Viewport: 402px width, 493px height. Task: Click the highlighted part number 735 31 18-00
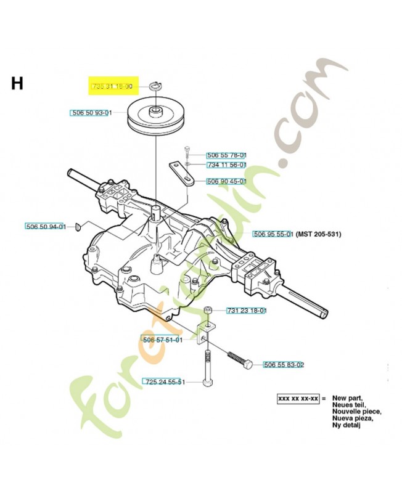[x=112, y=87]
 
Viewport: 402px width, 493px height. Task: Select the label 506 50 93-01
[x=91, y=113]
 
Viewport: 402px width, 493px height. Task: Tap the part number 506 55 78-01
[x=226, y=155]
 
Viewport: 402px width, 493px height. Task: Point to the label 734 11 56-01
[x=226, y=165]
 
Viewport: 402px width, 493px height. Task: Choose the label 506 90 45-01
[x=226, y=181]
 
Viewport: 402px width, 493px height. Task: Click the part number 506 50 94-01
[x=46, y=227]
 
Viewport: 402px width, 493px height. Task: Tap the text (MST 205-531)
[x=319, y=234]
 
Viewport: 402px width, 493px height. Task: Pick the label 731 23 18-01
[x=247, y=311]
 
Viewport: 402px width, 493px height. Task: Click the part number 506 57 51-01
[x=162, y=340]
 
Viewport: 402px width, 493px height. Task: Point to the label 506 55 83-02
[x=284, y=365]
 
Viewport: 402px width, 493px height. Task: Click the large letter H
[x=17, y=83]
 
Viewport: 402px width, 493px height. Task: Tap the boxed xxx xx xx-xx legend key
[x=298, y=399]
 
